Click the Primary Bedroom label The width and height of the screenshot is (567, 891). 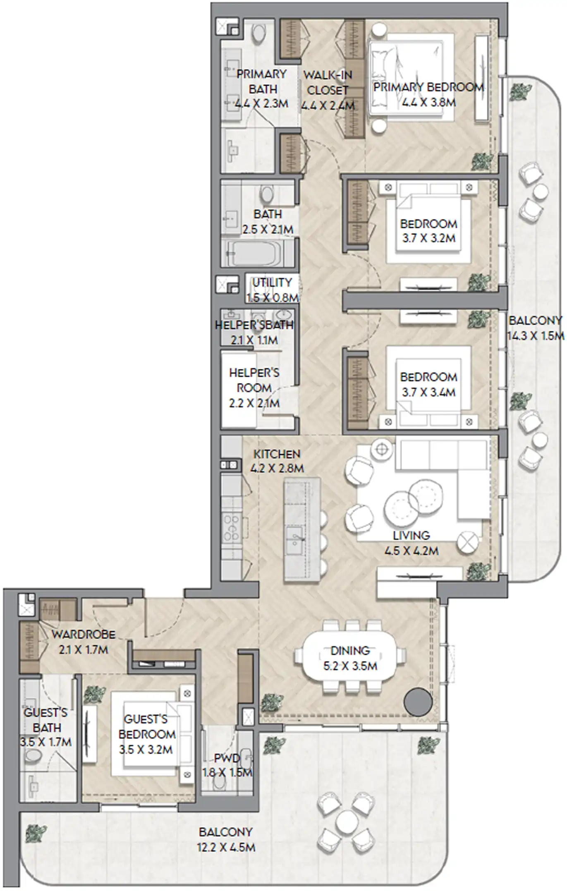pyautogui.click(x=428, y=87)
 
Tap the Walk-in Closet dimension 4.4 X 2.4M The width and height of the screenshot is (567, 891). pyautogui.click(x=328, y=105)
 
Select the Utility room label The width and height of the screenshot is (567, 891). pyautogui.click(x=272, y=283)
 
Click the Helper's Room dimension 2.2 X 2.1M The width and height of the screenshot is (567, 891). pyautogui.click(x=254, y=403)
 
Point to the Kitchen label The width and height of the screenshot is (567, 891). pyautogui.click(x=276, y=454)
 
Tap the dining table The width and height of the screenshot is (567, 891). pyautogui.click(x=350, y=658)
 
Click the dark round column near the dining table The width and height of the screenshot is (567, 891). pyautogui.click(x=418, y=702)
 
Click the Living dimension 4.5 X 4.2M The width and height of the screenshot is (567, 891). pyautogui.click(x=411, y=551)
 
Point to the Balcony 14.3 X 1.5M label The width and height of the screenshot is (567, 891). pyautogui.click(x=535, y=321)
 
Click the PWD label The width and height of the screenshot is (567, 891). pyautogui.click(x=227, y=758)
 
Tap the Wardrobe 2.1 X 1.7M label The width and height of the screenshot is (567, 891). pyautogui.click(x=83, y=634)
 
